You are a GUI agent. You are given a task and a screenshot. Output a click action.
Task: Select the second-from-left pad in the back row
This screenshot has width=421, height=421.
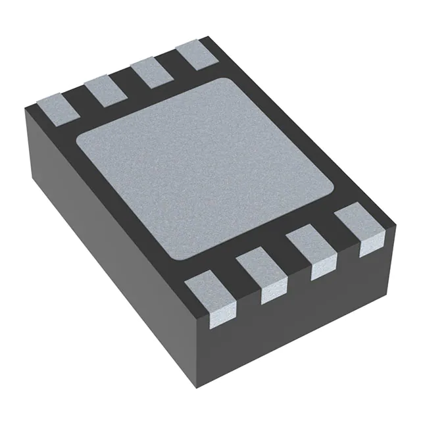[x=105, y=89]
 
